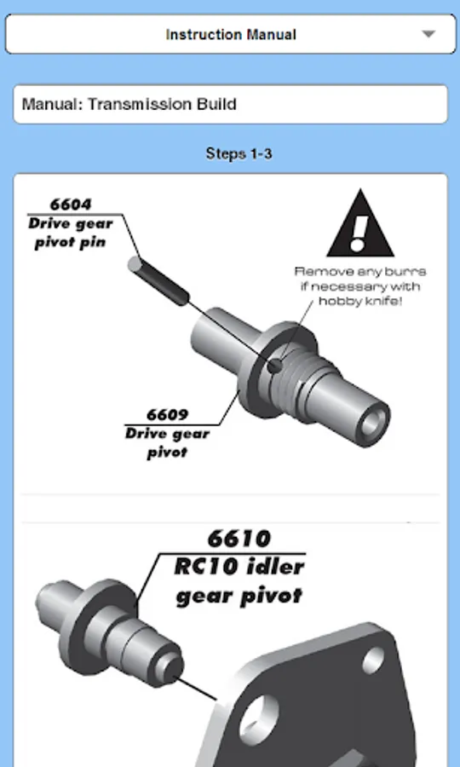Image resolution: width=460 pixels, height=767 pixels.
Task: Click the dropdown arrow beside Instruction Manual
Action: click(428, 34)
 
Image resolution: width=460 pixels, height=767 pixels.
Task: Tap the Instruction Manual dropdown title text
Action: click(231, 35)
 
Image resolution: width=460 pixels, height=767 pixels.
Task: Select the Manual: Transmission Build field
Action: click(230, 104)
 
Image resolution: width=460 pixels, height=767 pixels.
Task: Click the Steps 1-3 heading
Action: click(239, 153)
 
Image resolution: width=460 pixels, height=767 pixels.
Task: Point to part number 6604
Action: click(71, 204)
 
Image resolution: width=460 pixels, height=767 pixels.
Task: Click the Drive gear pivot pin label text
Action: click(71, 233)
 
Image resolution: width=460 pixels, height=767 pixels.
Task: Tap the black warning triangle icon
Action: click(360, 223)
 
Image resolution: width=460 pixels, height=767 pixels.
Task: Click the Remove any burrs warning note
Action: click(360, 285)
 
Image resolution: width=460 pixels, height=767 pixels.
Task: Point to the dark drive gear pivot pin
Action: click(158, 280)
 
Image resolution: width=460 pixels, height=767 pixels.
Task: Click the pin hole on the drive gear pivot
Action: click(275, 365)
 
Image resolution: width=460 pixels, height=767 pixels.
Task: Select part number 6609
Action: click(167, 415)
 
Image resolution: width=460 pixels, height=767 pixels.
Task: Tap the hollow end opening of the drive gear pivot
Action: click(372, 421)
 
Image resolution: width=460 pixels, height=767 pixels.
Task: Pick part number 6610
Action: click(239, 539)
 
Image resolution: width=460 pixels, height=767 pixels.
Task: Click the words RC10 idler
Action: click(239, 568)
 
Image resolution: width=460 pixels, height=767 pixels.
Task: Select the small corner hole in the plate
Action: click(372, 660)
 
